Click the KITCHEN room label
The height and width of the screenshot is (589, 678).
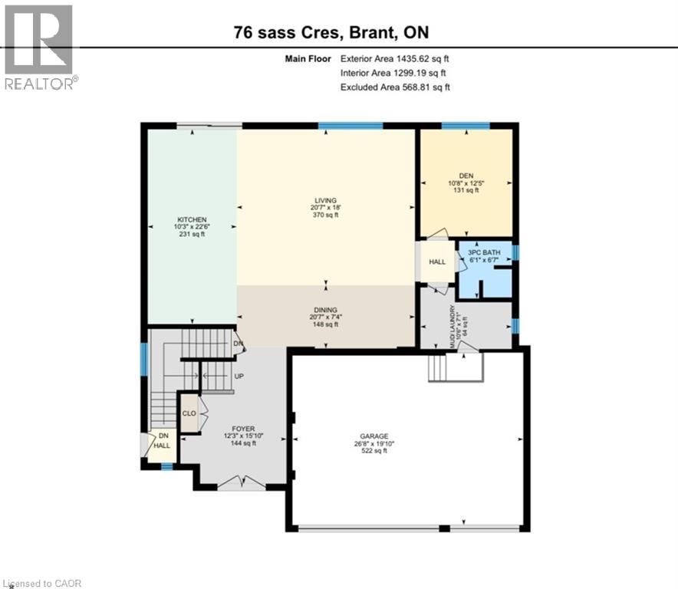pos(191,219)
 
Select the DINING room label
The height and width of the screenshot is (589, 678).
pos(326,310)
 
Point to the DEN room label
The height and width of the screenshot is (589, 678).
pos(466,175)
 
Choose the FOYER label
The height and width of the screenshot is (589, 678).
pos(244,429)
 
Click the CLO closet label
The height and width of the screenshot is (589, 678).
pos(189,412)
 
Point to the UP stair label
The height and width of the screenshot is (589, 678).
pos(239,377)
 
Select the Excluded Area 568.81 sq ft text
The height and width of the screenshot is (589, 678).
pos(394,87)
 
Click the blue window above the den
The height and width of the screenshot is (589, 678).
pos(466,126)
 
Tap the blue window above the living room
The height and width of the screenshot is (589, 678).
pos(351,126)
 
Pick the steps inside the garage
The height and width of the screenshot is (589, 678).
pos(438,368)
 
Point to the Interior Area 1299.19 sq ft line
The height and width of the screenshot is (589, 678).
pos(393,73)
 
